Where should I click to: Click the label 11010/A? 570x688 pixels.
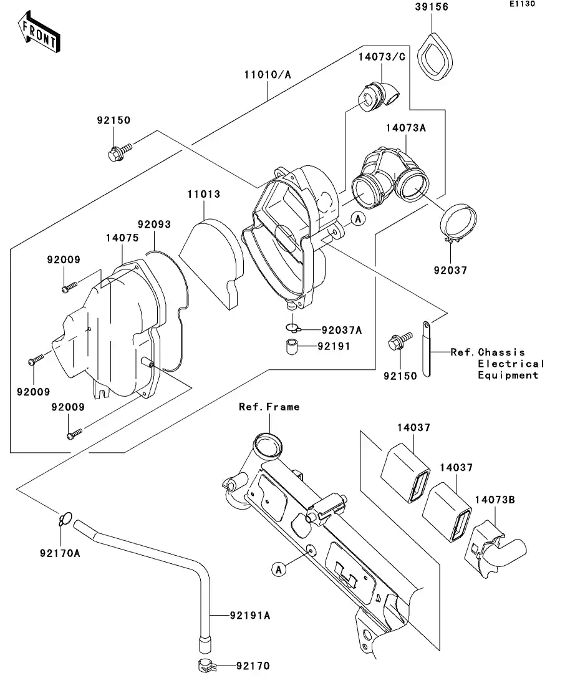click(268, 75)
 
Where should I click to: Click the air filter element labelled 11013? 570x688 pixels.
click(211, 260)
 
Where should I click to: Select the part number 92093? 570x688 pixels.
click(154, 223)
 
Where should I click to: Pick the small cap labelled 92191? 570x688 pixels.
click(289, 347)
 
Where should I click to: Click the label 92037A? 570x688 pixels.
click(342, 330)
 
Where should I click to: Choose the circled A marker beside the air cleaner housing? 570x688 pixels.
click(357, 218)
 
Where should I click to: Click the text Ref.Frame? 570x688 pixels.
click(269, 407)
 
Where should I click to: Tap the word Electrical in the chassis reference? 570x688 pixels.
click(511, 364)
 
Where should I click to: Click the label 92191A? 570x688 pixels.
click(249, 616)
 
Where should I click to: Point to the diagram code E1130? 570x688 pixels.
click(523, 4)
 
